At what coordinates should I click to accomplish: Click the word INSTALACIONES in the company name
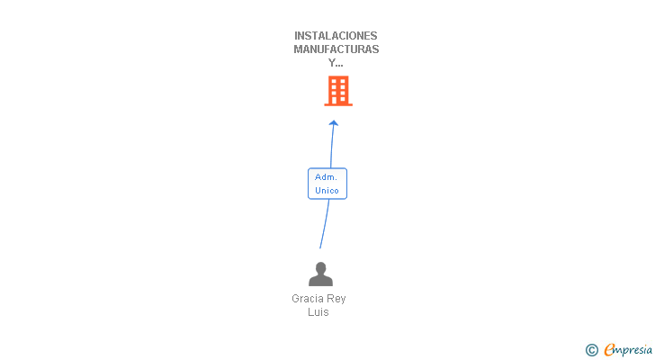tap(336, 36)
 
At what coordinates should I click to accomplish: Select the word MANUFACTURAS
tap(336, 49)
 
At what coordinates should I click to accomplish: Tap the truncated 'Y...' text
tap(336, 63)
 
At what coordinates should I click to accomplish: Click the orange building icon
tap(338, 91)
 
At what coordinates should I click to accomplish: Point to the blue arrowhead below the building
tap(334, 122)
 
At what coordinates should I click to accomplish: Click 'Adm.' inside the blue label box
tap(326, 177)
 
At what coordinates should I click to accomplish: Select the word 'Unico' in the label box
tap(327, 190)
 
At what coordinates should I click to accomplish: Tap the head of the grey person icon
tap(320, 268)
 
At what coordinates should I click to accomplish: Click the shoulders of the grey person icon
tap(320, 281)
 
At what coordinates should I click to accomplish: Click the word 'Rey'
tap(336, 299)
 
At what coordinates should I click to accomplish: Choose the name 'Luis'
tap(319, 312)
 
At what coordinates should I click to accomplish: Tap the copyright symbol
tap(592, 350)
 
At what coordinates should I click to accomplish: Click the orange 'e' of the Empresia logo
tap(609, 349)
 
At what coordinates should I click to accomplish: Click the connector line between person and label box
tap(324, 225)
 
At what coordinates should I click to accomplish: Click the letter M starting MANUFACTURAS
tap(299, 49)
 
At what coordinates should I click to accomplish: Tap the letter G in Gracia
tap(296, 299)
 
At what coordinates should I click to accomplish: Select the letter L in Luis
tap(310, 312)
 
